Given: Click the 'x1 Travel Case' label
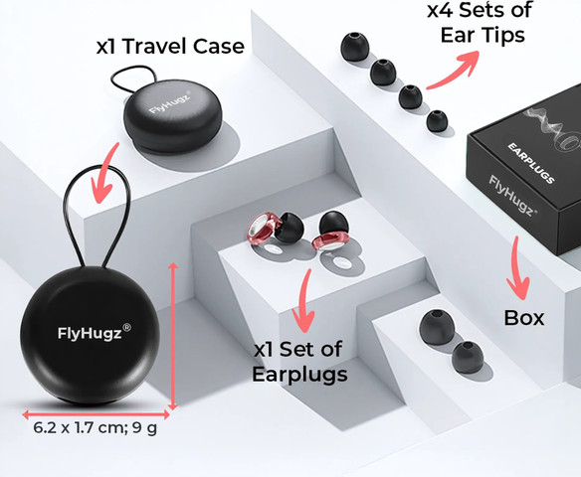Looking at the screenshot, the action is point(170,47).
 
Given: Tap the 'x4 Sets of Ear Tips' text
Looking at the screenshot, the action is point(481,22).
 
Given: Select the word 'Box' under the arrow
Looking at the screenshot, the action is point(524,318).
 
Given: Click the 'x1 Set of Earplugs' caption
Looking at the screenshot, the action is point(299,362).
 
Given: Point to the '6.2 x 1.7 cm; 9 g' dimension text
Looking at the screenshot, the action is point(95,427).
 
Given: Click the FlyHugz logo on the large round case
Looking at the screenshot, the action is point(95,332).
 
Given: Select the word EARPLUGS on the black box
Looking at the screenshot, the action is point(531,164).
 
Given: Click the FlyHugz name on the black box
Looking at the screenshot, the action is point(512,196).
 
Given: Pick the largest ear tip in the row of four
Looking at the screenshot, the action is point(354,47).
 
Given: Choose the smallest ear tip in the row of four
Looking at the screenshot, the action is point(437,121).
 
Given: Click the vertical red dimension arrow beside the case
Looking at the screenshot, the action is point(173,336).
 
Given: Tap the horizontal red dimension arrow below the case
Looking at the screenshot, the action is point(96,414).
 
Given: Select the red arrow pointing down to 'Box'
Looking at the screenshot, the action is point(517,267).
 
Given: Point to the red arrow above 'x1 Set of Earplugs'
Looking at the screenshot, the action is point(304,301).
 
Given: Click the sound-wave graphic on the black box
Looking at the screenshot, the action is point(551,126).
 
